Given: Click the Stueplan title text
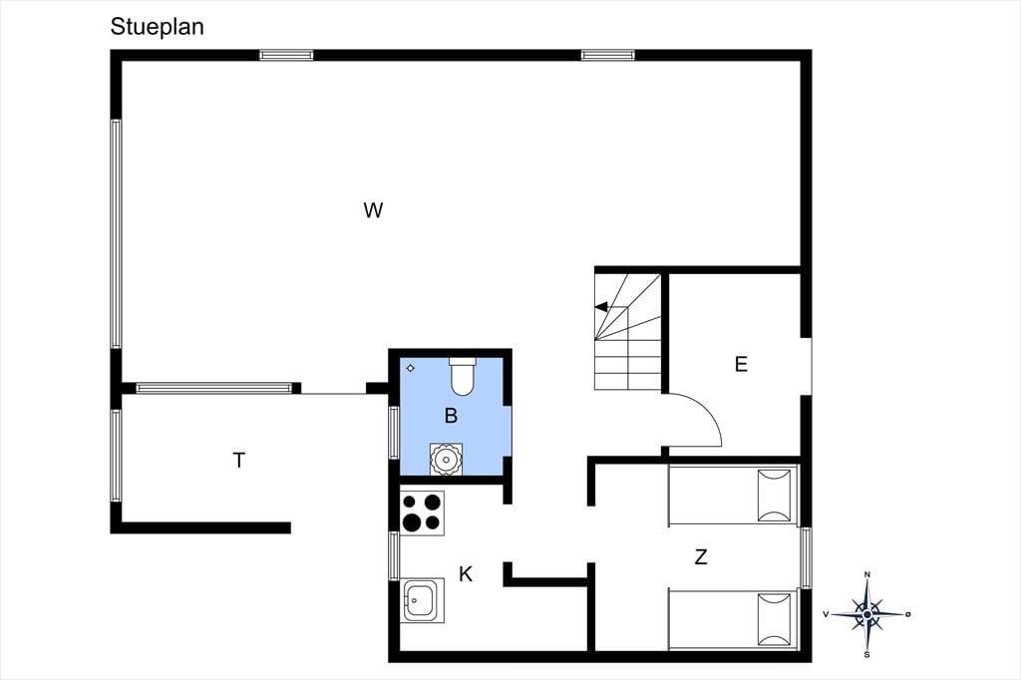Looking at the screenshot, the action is (x=157, y=27).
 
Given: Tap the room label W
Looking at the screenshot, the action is (x=373, y=210).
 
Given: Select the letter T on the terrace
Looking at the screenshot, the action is (x=239, y=461).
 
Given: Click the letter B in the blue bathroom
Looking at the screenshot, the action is (x=451, y=416).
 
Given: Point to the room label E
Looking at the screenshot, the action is (x=741, y=364).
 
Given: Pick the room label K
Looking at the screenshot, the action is (x=466, y=574).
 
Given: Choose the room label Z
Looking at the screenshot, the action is (x=701, y=557).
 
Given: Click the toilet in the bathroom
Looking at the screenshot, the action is (x=463, y=377).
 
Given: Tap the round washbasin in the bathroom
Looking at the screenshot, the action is (x=446, y=460).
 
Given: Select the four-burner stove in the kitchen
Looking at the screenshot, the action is (x=422, y=513).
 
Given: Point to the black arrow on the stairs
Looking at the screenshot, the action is (x=602, y=307).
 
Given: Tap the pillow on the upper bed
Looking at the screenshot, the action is (x=775, y=496).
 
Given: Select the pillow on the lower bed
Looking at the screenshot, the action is (x=775, y=619).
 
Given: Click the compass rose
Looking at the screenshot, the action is (x=866, y=614).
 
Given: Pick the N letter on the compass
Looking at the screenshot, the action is (x=866, y=574).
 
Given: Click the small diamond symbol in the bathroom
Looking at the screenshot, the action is (x=410, y=368).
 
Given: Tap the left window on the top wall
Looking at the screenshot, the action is (x=286, y=56).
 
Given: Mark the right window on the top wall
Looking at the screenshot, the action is (x=608, y=56).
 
